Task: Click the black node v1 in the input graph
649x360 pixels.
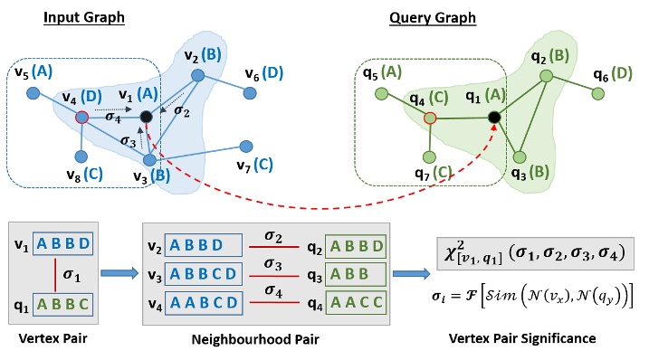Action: [x=146, y=116]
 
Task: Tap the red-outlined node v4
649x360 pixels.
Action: [x=82, y=117]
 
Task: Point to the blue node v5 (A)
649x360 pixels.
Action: [x=33, y=92]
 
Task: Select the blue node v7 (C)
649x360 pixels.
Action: [x=245, y=145]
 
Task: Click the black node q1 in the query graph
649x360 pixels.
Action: [x=494, y=117]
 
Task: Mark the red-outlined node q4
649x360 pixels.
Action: [x=431, y=117]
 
